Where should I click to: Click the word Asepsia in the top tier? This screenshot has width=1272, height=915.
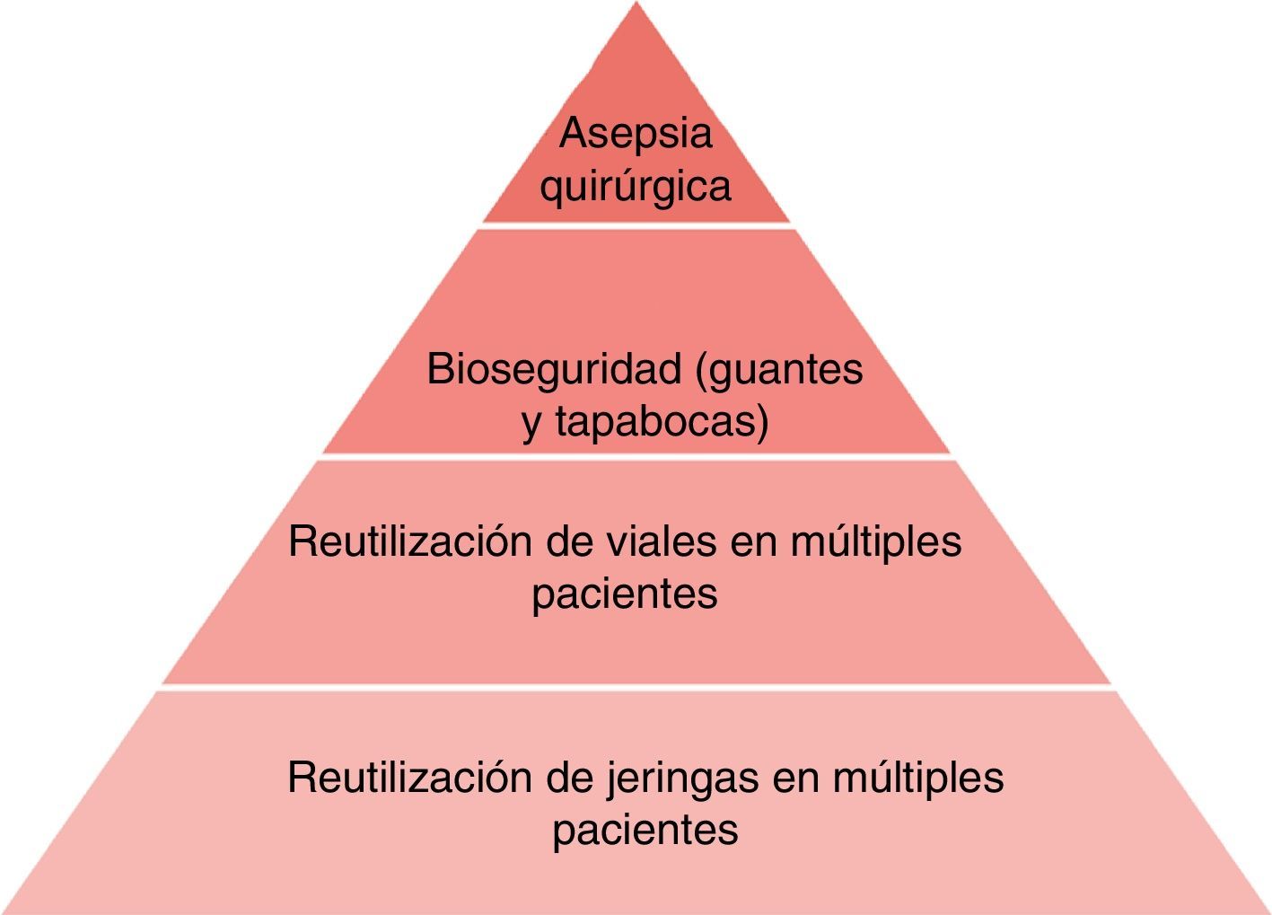(x=636, y=134)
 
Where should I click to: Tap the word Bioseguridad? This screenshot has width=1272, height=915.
(x=555, y=368)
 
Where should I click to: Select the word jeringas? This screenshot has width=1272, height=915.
(x=684, y=777)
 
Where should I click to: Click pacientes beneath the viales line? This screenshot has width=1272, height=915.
(x=625, y=594)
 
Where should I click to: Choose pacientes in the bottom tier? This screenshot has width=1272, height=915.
(x=645, y=830)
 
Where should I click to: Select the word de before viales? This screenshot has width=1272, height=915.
(x=570, y=541)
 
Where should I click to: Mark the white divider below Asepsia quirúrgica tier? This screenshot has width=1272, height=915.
(x=636, y=225)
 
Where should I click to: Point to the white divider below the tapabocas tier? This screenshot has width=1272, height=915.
(x=636, y=457)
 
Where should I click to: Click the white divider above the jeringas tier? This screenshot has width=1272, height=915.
(x=636, y=688)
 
